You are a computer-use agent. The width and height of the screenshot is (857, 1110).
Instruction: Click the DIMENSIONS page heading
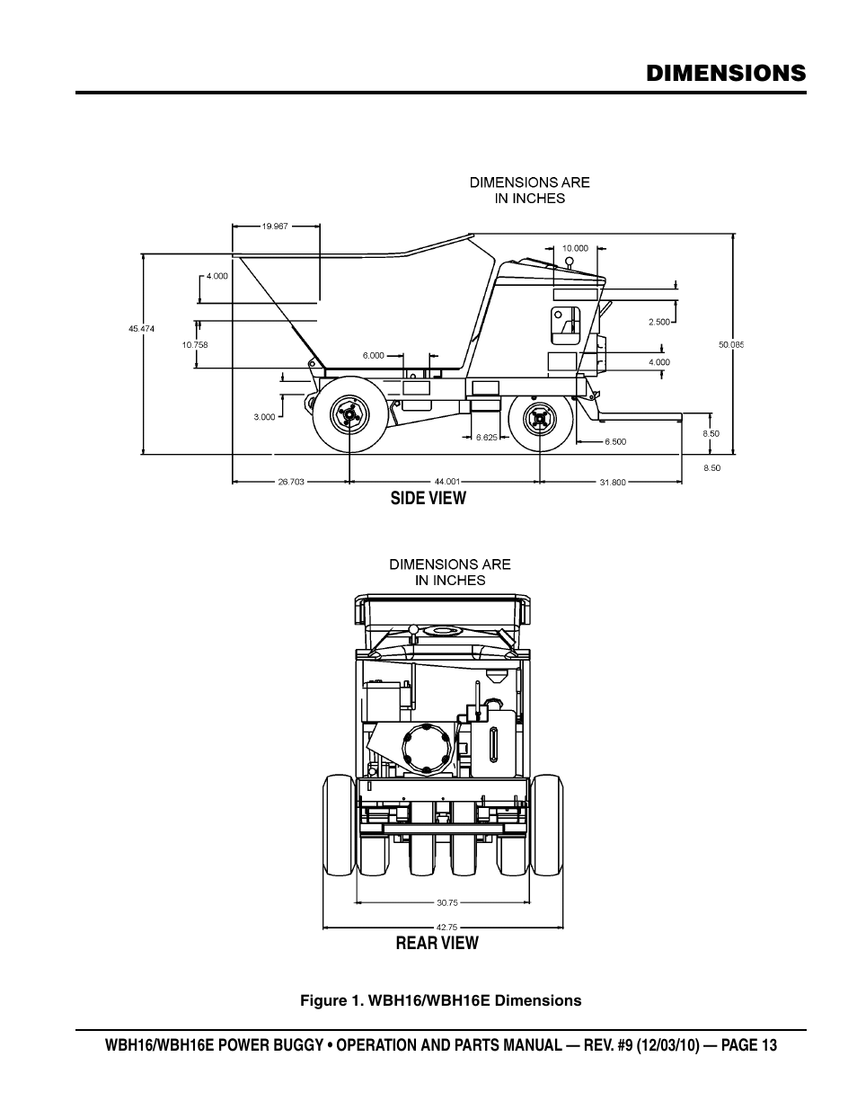[x=726, y=74]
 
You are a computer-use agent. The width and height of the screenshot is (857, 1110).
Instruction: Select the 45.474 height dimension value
[x=141, y=329]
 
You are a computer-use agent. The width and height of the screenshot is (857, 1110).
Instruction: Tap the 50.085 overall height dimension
[x=731, y=345]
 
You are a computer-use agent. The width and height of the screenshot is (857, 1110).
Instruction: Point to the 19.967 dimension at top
[x=275, y=226]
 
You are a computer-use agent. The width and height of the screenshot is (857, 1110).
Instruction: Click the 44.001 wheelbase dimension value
[x=447, y=482]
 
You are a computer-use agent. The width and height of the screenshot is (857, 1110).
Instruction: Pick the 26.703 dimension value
[x=291, y=482]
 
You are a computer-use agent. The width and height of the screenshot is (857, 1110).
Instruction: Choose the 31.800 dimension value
[x=613, y=483]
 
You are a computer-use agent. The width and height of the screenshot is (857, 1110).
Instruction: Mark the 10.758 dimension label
[x=195, y=345]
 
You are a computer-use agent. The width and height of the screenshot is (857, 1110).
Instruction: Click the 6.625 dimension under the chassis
[x=486, y=437]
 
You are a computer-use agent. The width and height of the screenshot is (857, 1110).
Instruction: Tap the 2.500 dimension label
[x=659, y=322]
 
